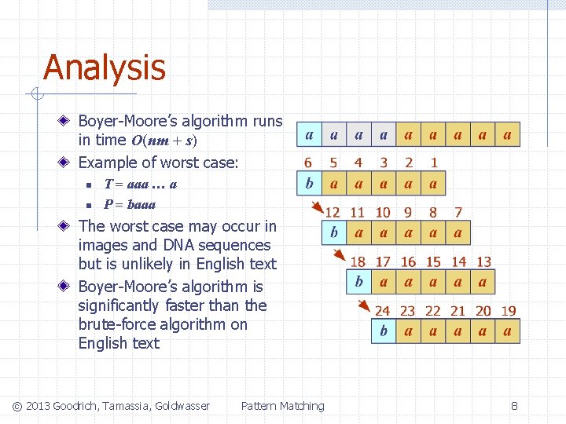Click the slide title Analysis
[105, 68]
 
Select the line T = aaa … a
[141, 185]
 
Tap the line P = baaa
[130, 204]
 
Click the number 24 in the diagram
[382, 312]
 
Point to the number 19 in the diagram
[508, 312]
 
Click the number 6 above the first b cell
[308, 163]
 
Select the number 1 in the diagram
[433, 163]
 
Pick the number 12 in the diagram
[333, 213]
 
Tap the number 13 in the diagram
[483, 262]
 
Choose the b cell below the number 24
[384, 331]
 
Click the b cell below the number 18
[358, 282]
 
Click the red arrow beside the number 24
[366, 306]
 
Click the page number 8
[514, 406]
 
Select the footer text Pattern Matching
[282, 406]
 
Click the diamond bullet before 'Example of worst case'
[68, 163]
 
